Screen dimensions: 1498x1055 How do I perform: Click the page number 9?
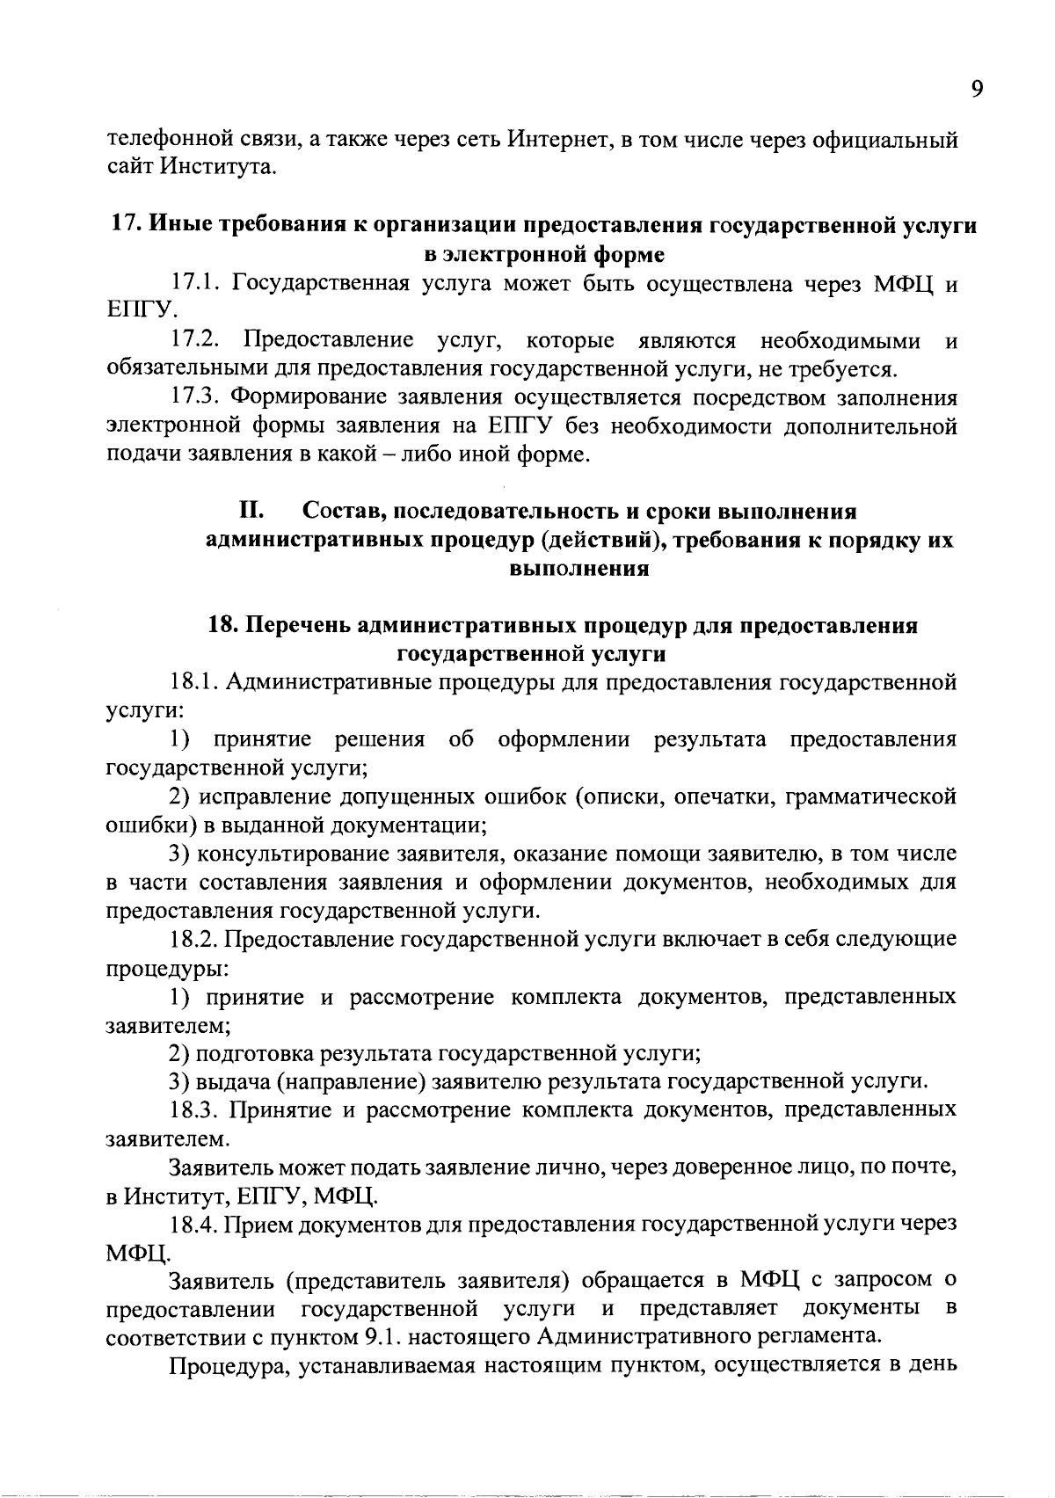(x=979, y=90)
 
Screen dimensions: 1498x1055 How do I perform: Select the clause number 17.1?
(x=199, y=283)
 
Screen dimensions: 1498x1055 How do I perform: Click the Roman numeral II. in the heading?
(x=253, y=511)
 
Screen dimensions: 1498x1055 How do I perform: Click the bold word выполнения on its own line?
(x=579, y=568)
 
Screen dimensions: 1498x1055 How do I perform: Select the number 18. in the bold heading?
(x=222, y=625)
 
